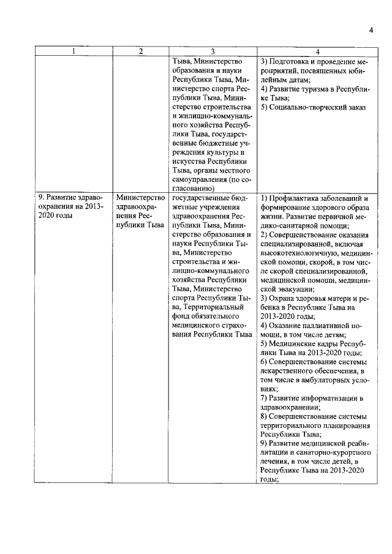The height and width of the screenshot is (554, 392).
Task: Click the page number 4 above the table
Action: pyautogui.click(x=371, y=31)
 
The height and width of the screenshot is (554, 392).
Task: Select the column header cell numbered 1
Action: pyautogui.click(x=73, y=52)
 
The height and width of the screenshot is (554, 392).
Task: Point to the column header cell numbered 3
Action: pyautogui.click(x=212, y=52)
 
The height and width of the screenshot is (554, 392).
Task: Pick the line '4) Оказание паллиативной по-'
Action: pyautogui.click(x=312, y=326)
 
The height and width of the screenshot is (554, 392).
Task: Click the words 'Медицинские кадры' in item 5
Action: pyautogui.click(x=305, y=344)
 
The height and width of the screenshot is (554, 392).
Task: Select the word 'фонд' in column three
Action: pyautogui.click(x=182, y=316)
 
